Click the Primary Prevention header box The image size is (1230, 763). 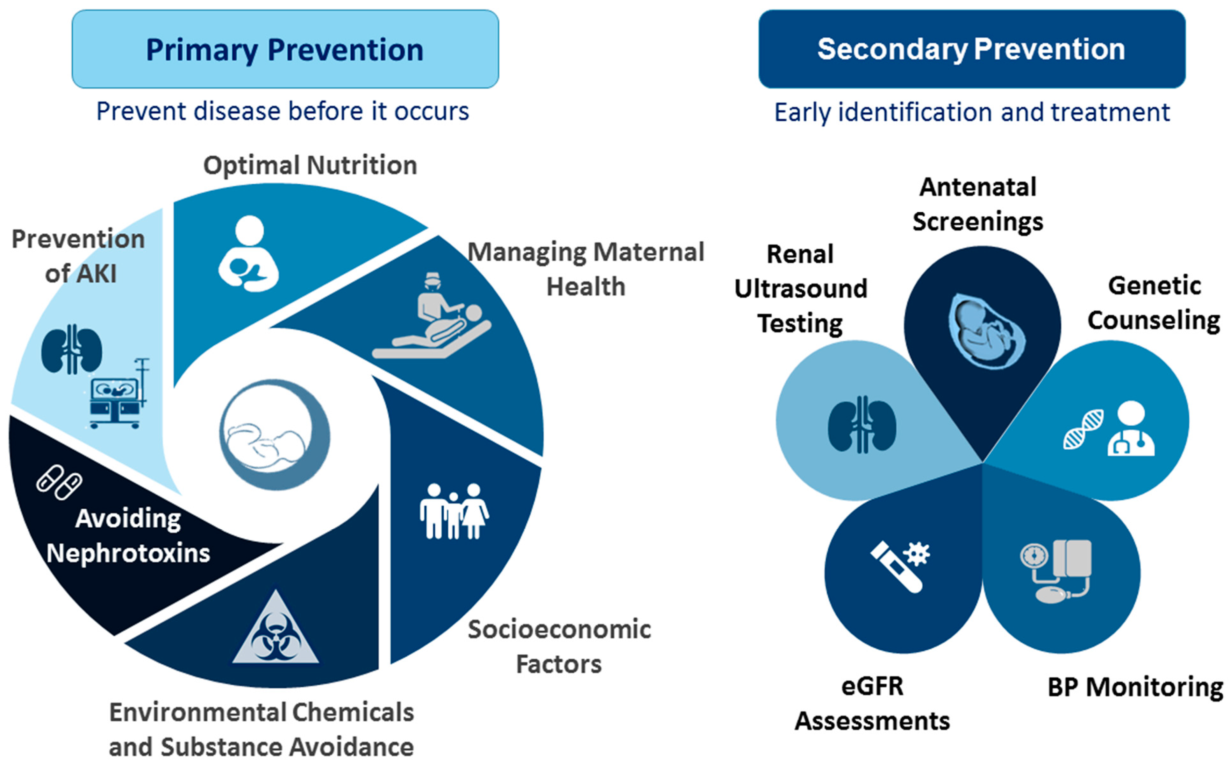pyautogui.click(x=285, y=49)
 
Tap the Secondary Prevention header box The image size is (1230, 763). pyautogui.click(x=972, y=49)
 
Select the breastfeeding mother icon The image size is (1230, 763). pyautogui.click(x=248, y=253)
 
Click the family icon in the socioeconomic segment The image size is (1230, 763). pyautogui.click(x=454, y=511)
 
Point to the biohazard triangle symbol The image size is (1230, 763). pyautogui.click(x=276, y=628)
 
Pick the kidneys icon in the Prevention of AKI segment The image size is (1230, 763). pyautogui.click(x=72, y=349)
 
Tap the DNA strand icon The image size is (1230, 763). pyautogui.click(x=1083, y=429)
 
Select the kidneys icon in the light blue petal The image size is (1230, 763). pyautogui.click(x=862, y=424)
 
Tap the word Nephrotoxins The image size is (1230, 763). pyautogui.click(x=128, y=553)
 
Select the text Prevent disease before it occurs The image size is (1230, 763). pyautogui.click(x=283, y=111)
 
